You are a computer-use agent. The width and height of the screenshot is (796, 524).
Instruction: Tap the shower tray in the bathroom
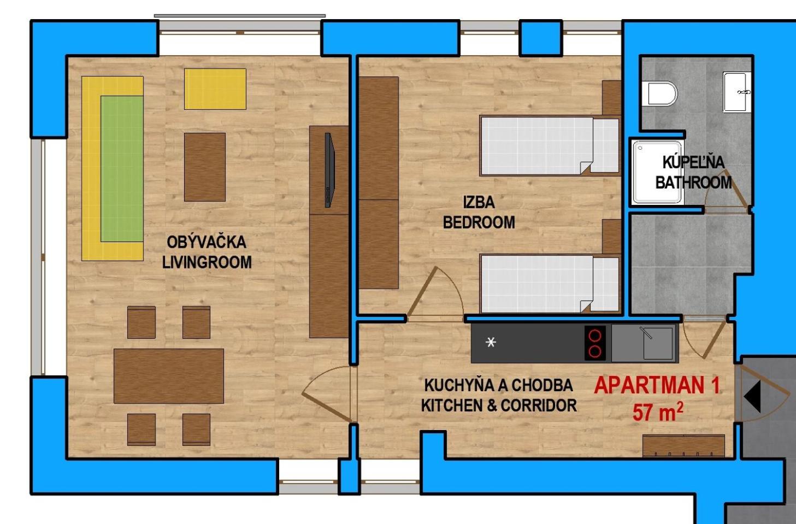657,172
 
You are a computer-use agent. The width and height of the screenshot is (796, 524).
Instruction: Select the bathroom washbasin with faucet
737,92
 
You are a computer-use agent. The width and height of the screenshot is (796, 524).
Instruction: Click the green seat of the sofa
122,168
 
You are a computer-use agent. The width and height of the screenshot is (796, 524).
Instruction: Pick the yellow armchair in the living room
215,89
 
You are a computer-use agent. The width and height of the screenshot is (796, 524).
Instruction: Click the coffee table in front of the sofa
205,167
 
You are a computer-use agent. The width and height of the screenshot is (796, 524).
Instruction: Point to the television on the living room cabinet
329,170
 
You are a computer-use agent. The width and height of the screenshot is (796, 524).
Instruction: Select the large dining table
169,376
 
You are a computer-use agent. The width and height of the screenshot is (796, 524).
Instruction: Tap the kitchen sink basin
657,343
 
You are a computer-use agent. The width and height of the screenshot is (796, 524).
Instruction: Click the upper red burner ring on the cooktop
595,335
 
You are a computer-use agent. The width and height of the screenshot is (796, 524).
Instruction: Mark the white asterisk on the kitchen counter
491,342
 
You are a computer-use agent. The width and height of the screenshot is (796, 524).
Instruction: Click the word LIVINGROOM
207,262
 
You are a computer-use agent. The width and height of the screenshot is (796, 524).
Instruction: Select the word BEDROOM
479,222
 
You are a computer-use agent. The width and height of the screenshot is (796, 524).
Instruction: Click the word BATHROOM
693,182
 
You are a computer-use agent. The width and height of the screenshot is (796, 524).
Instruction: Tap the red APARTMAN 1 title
657,386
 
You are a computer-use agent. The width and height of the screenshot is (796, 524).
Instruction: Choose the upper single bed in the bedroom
550,146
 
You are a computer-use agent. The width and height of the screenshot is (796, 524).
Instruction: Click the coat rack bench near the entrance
683,445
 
